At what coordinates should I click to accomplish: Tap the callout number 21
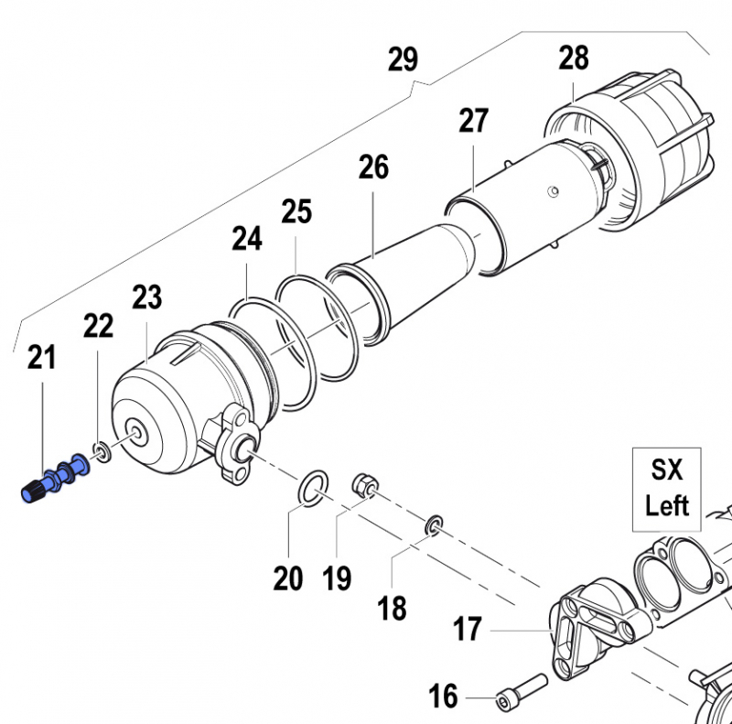pyautogui.click(x=41, y=357)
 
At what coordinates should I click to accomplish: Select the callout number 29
pyautogui.click(x=403, y=59)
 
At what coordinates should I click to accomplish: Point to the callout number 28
pyautogui.click(x=574, y=58)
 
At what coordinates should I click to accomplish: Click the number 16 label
pyautogui.click(x=443, y=695)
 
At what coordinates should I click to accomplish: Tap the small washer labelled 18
pyautogui.click(x=434, y=525)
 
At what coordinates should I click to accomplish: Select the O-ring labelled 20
pyautogui.click(x=313, y=488)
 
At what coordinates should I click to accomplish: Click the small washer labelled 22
pyautogui.click(x=102, y=451)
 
